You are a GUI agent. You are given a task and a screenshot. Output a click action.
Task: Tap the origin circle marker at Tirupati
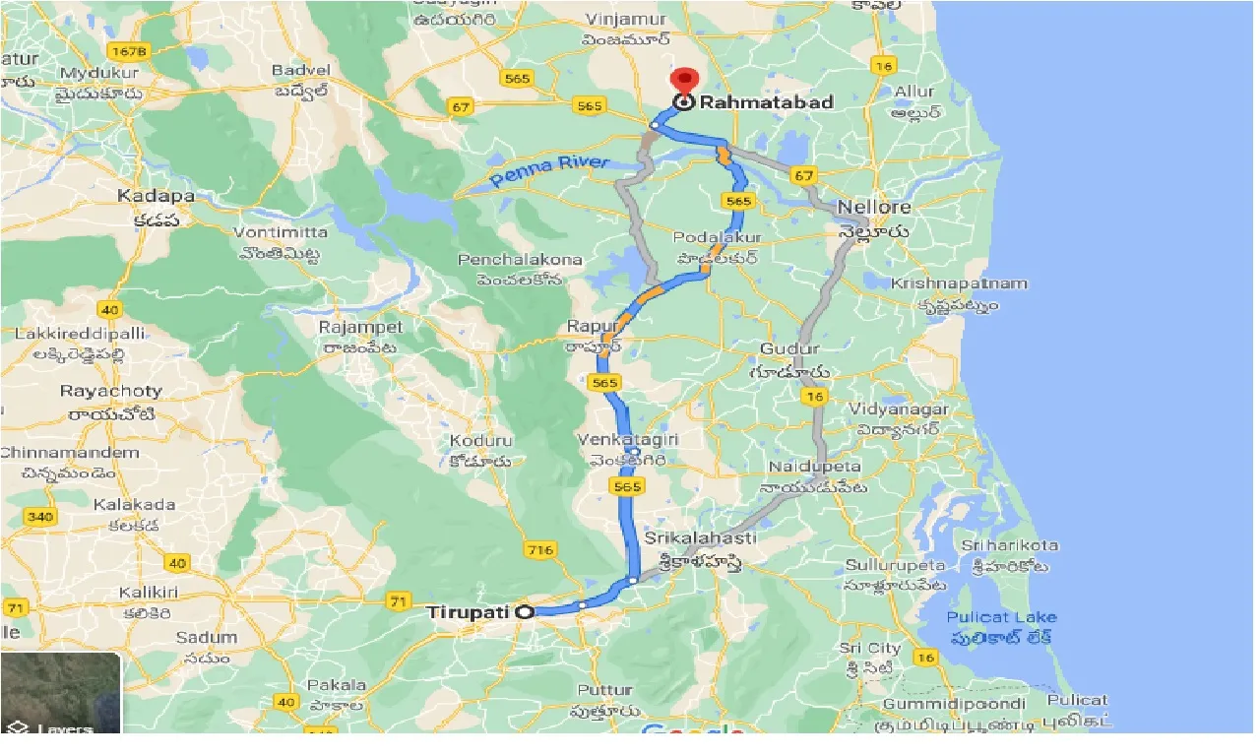[525, 611]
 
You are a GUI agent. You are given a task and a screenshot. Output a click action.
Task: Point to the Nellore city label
[873, 208]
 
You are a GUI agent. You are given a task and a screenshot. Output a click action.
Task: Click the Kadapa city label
[156, 196]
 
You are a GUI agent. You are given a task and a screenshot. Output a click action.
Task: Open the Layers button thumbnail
[60, 694]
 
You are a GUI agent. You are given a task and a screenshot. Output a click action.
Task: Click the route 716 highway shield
[540, 549]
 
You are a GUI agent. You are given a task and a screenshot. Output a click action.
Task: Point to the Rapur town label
[590, 327]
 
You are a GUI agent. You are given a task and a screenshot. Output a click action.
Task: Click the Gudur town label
[789, 349]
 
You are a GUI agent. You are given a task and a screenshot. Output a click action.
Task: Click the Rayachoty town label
[110, 392]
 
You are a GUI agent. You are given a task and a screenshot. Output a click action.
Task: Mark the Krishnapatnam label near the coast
[959, 283]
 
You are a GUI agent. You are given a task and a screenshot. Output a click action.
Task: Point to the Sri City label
[869, 648]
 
